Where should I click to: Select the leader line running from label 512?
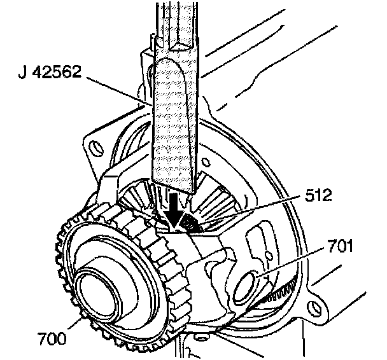(x=255, y=211)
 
